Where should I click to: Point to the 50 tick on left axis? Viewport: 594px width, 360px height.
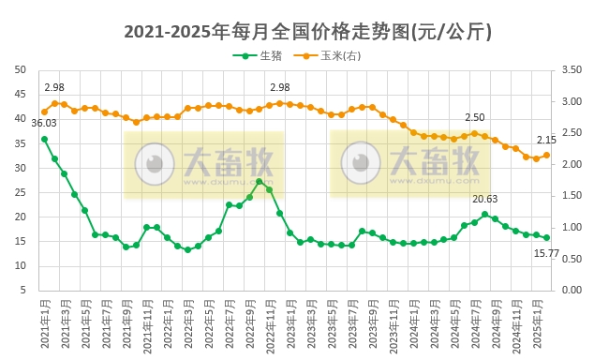tap(20, 69)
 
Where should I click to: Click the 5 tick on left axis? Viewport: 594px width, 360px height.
tap(22, 290)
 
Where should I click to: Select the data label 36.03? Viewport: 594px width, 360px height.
tap(44, 123)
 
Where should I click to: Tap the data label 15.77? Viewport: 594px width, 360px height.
tap(547, 253)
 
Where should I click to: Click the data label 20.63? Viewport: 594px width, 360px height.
tap(484, 199)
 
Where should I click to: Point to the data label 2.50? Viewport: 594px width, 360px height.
tap(475, 117)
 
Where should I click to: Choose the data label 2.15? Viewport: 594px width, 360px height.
tap(546, 140)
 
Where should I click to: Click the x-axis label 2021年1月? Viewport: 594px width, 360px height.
tap(43, 323)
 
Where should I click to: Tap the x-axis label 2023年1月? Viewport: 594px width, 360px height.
tap(290, 323)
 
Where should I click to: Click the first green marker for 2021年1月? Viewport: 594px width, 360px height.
tap(44, 139)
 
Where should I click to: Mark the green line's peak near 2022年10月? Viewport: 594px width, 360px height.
tap(260, 181)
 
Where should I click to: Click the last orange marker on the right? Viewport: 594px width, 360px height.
tap(547, 155)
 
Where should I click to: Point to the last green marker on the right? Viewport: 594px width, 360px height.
tap(547, 237)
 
